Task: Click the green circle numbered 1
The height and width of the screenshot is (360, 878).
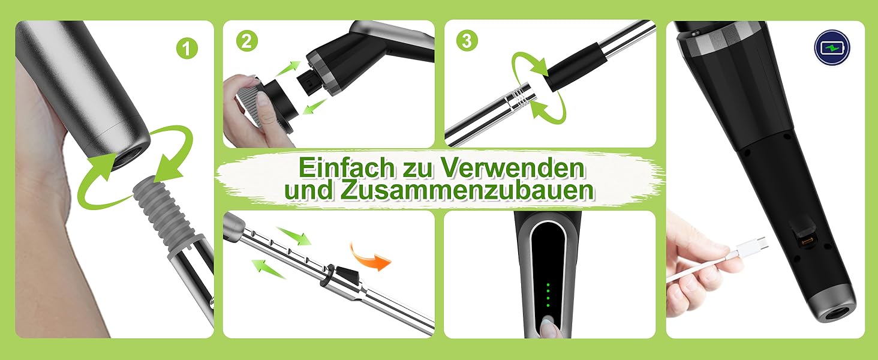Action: point(187,49)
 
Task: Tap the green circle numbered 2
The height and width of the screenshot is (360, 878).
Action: point(247,41)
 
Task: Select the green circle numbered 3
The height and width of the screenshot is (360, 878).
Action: point(467,40)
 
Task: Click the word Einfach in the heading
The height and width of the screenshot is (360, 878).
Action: point(347,167)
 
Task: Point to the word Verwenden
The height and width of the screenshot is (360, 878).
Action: point(514,167)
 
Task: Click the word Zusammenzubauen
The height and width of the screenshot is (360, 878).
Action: point(467,190)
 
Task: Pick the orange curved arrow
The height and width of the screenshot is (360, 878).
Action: point(369,257)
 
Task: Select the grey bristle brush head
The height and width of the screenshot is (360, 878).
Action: point(248,106)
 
